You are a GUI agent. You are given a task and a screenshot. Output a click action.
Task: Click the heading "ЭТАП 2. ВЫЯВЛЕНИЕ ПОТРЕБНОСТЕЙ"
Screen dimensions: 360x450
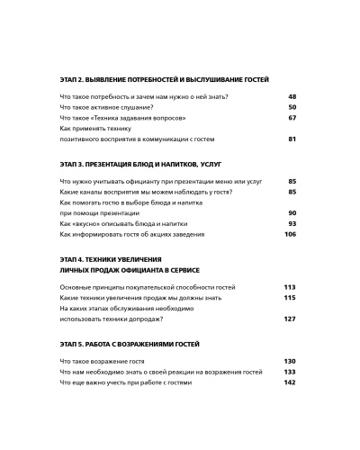(164, 79)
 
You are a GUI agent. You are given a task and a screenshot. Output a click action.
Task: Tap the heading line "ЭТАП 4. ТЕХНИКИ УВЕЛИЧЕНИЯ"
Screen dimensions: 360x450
(112, 259)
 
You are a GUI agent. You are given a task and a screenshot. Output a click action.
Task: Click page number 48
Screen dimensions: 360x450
(292, 96)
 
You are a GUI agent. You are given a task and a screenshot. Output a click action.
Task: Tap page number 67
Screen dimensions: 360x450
(292, 118)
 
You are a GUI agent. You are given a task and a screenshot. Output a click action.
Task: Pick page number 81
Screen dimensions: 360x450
(292, 139)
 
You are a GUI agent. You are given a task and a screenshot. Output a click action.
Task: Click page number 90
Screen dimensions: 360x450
(292, 213)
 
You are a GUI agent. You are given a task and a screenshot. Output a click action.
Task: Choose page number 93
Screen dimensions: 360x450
(292, 224)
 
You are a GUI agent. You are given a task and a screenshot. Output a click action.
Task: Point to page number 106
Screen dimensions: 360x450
(290, 235)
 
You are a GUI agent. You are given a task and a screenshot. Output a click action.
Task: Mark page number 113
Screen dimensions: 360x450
(290, 287)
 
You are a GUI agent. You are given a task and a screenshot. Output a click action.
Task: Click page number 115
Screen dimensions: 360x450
(290, 298)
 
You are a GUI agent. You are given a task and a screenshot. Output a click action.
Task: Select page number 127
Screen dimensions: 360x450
(290, 319)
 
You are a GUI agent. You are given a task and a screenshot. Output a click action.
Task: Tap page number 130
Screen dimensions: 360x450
(290, 361)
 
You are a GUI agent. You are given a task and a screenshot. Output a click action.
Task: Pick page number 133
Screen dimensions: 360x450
(290, 372)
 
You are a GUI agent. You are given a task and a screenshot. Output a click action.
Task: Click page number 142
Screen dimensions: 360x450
(290, 382)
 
